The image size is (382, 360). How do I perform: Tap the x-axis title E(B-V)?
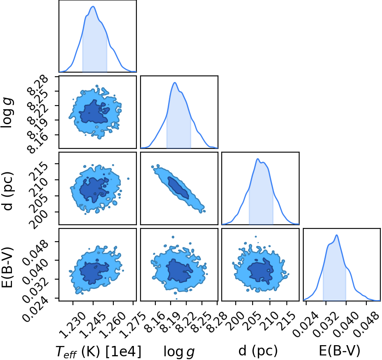click(x=340, y=351)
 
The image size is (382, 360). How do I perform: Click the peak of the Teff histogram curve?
click(x=93, y=7)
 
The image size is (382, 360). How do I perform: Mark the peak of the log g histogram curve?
click(x=174, y=82)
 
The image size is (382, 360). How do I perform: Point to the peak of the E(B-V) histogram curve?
click(x=337, y=235)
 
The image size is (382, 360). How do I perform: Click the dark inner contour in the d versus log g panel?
click(x=178, y=187)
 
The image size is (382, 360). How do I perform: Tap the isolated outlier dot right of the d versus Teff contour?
click(x=128, y=179)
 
